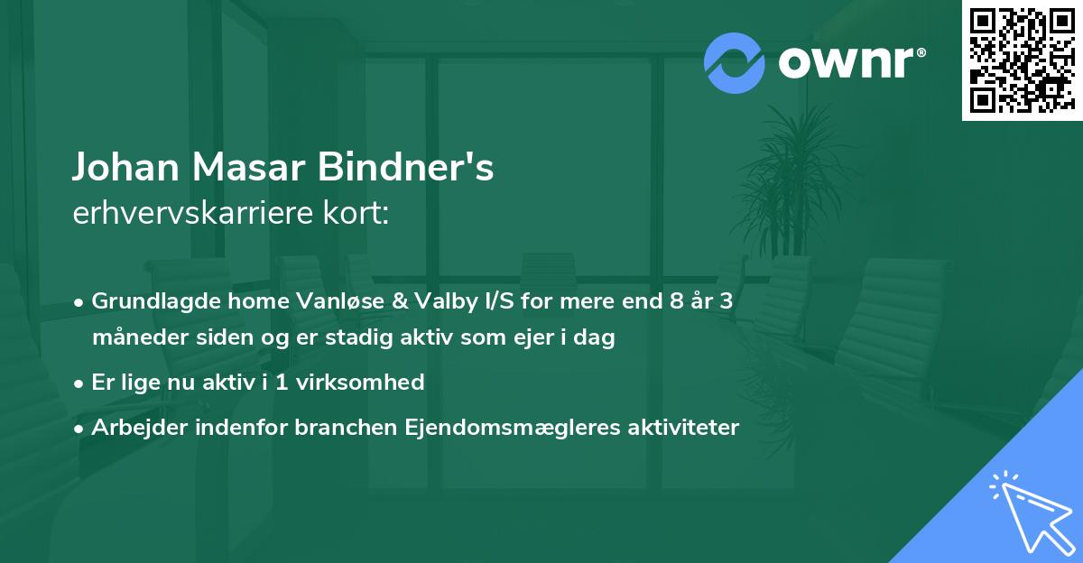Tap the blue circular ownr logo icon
point(733,62)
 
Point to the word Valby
point(428,301)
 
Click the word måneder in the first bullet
point(134,338)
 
